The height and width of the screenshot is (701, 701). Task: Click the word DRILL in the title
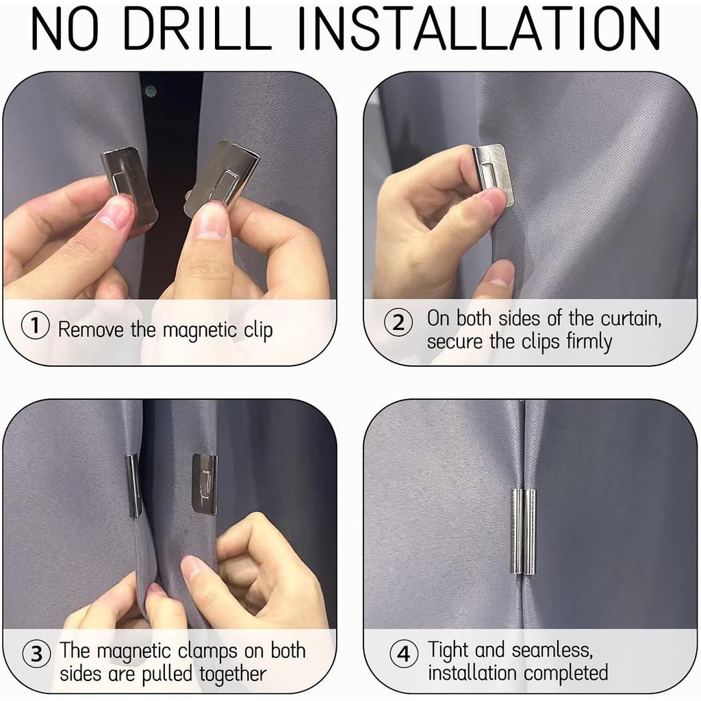click(197, 29)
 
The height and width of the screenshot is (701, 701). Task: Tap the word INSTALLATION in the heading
click(479, 29)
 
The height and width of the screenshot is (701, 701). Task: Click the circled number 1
click(35, 325)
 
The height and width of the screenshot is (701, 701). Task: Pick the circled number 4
click(404, 654)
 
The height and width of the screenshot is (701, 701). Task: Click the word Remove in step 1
click(91, 330)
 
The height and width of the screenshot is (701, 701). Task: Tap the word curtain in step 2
click(630, 318)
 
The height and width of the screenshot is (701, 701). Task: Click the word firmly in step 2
click(589, 342)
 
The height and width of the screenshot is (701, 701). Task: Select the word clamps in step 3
click(208, 652)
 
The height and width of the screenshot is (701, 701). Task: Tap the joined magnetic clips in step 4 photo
click(523, 532)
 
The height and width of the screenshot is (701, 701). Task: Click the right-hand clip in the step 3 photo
click(205, 484)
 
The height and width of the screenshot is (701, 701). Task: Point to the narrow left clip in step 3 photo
click(133, 485)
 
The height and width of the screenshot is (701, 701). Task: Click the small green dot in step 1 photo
click(151, 91)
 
